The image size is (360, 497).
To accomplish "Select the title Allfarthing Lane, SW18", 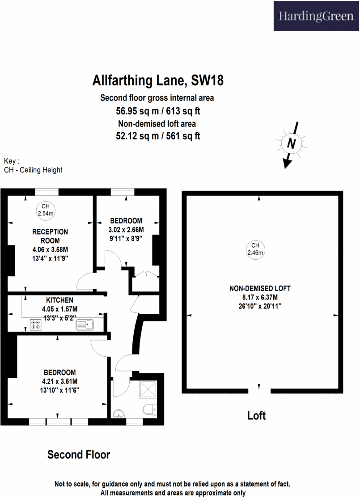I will [x=158, y=81].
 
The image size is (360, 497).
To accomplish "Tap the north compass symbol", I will [x=292, y=144].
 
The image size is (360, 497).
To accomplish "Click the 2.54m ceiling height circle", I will [x=45, y=210].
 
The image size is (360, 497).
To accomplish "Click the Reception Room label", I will [x=50, y=236].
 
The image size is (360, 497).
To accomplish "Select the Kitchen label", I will [x=59, y=300].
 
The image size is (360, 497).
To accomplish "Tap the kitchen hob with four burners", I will [x=35, y=324].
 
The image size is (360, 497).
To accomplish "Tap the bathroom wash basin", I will [x=119, y=413].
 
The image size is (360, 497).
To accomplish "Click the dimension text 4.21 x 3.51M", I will [x=59, y=381].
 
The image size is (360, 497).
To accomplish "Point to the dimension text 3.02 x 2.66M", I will [x=126, y=230].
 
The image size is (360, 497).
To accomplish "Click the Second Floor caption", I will [x=79, y=455].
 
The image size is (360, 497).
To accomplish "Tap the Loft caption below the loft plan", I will [x=256, y=416].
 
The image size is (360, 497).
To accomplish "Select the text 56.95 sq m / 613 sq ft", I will [x=157, y=111].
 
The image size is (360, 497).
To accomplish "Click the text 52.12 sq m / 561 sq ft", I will [x=157, y=135].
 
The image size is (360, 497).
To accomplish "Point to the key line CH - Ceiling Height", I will [x=33, y=170].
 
